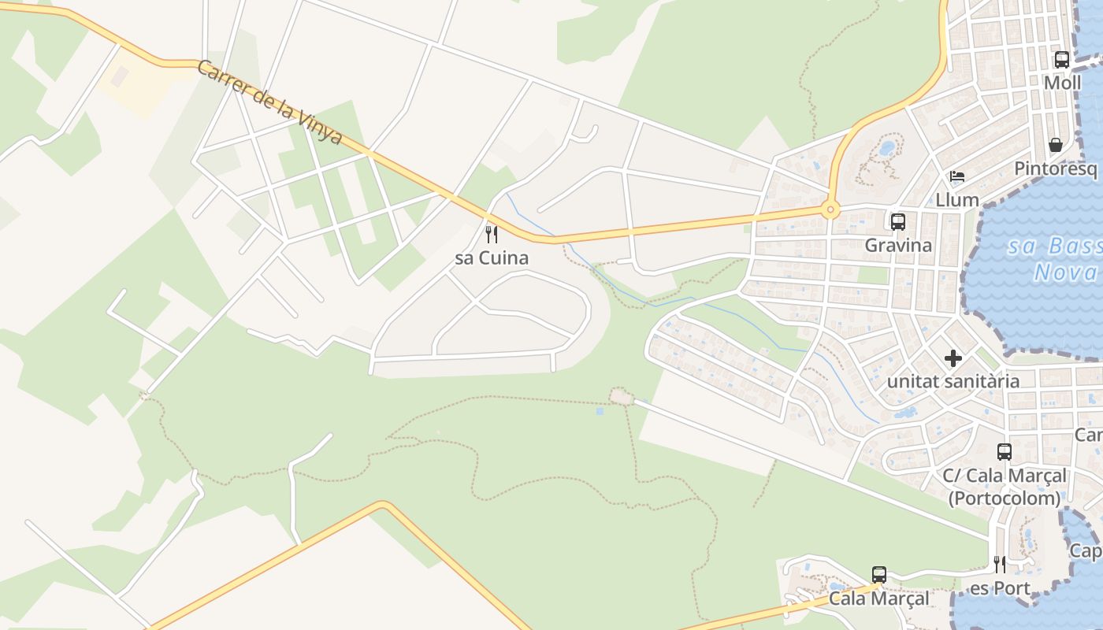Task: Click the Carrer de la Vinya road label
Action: coord(269,102)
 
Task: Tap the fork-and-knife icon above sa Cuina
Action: coord(492,234)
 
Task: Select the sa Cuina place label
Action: coord(492,258)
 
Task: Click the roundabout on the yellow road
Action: coord(829,209)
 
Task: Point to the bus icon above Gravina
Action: coord(898,222)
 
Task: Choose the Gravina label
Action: coord(898,245)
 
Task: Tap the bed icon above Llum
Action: coord(957,176)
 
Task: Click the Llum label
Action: coord(957,199)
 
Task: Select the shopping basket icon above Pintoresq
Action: coord(1056,145)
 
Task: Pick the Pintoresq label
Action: coord(1055,169)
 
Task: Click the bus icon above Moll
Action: coord(1062,59)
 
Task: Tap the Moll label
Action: coord(1062,82)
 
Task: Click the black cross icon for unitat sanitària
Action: coord(953,358)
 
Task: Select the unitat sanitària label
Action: coord(953,381)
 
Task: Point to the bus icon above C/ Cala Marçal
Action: coord(1005,452)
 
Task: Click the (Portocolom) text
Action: coord(1005,498)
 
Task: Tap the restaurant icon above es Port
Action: coord(1000,565)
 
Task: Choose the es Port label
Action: coord(1000,588)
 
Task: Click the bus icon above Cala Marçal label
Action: coord(879,575)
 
